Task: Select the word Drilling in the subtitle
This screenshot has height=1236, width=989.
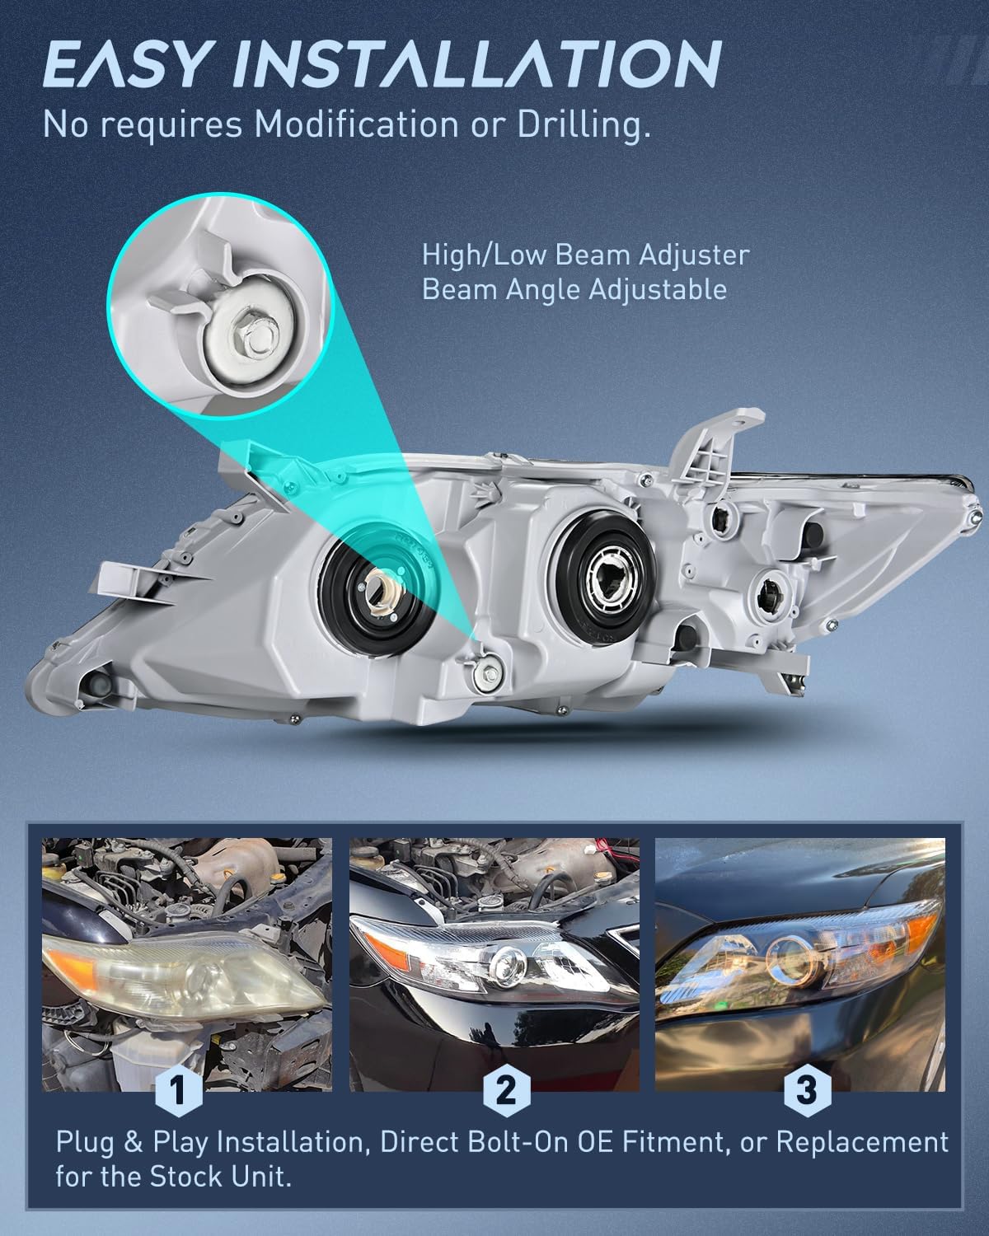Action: [x=584, y=125]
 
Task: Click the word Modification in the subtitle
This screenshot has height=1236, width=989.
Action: [x=356, y=124]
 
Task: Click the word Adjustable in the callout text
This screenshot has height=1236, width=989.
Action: [x=658, y=289]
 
